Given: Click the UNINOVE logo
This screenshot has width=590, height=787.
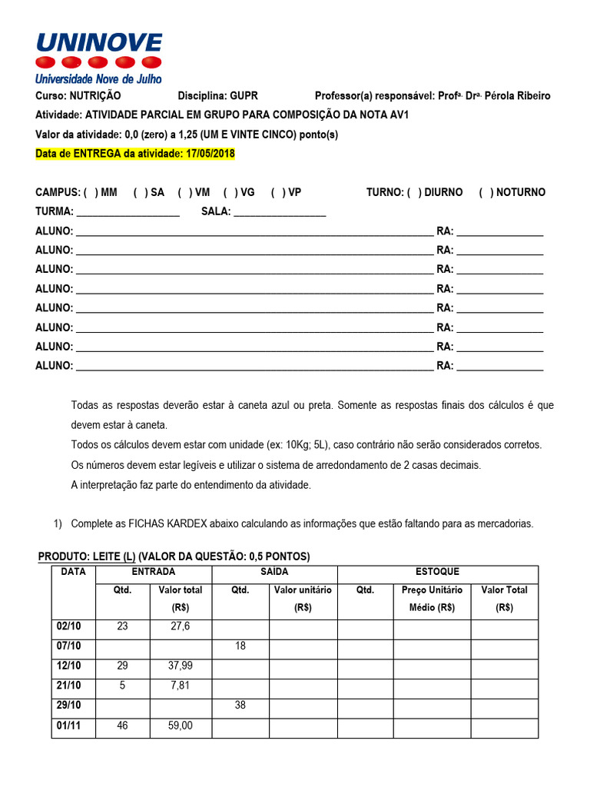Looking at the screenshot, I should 99,57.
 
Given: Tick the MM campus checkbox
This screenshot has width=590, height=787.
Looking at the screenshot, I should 91,192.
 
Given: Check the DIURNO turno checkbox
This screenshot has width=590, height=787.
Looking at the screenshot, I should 414,192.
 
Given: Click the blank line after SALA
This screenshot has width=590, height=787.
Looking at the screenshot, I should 280,213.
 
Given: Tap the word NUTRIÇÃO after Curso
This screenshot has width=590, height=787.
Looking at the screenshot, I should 95,96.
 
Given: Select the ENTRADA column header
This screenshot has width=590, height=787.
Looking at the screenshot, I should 154,572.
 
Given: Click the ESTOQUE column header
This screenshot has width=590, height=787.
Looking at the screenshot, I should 437,572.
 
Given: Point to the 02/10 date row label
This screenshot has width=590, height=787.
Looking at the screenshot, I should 69,626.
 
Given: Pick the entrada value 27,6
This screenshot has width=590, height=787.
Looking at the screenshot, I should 181,626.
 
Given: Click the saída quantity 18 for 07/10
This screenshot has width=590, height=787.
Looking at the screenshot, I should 240,646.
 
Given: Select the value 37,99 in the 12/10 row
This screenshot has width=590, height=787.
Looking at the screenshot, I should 181,666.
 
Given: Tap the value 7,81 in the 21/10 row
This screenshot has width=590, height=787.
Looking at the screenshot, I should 181,686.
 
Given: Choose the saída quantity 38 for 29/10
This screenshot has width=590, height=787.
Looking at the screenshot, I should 240,705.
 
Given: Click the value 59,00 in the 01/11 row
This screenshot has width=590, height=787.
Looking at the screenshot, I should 181,725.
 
